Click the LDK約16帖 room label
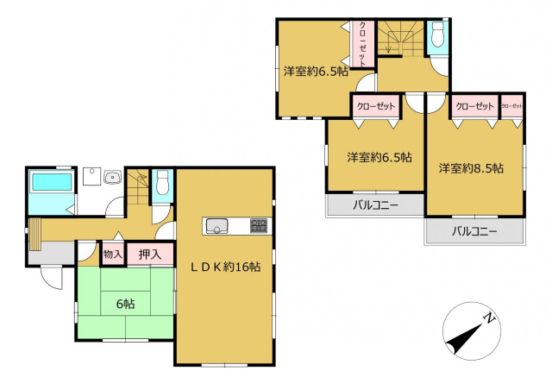pos(226,267)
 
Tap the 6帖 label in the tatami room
pos(126,304)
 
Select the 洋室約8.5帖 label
pos(471,168)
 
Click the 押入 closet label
pos(150,254)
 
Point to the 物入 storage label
pos(113,254)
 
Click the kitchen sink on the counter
pos(216,226)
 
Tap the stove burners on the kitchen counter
pos(259,225)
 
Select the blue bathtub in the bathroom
pos(52,181)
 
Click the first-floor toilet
pos(162,182)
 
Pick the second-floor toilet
pos(438,35)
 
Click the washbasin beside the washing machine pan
pos(113,177)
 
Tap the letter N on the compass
pos(489,318)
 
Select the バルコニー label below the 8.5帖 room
pos(474,231)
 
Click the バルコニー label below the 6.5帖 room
pos(376,204)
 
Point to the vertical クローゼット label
pos(362,43)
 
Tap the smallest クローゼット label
pos(511,106)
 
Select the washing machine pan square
pos(91,176)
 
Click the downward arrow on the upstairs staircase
pos(388,42)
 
